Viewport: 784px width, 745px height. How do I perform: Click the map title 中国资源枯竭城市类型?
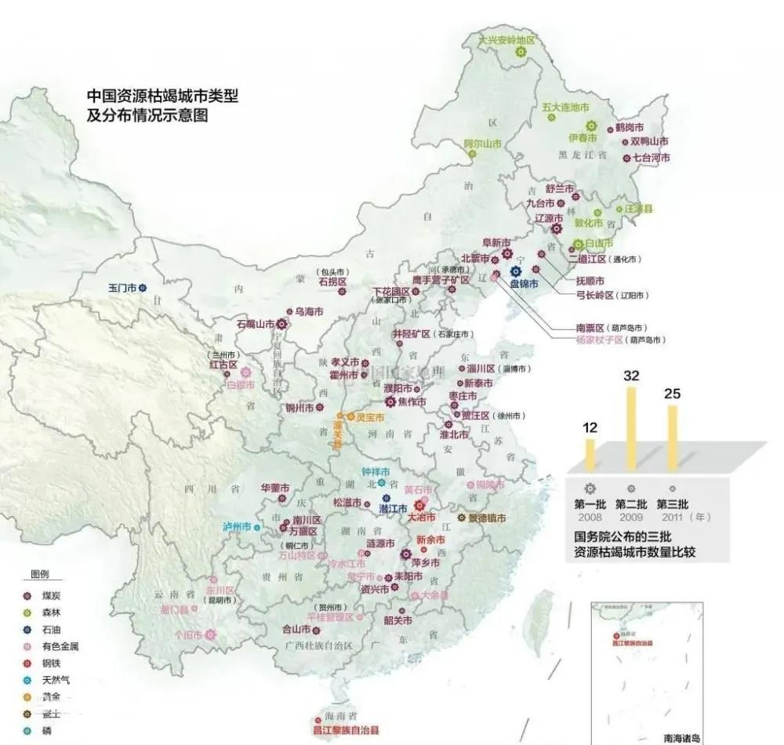click(x=162, y=96)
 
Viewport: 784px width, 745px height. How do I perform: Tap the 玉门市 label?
click(x=122, y=288)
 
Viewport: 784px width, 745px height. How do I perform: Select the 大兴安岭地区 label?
click(x=506, y=39)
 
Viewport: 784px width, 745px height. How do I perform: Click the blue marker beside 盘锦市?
click(x=515, y=271)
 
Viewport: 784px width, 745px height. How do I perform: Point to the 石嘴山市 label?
click(x=255, y=323)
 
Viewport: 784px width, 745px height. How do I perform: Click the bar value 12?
click(x=590, y=428)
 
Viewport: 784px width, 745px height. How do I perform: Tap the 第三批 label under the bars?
click(x=671, y=503)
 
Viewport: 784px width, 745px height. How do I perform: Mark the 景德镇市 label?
click(x=487, y=518)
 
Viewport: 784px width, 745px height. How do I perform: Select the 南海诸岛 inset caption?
click(x=683, y=738)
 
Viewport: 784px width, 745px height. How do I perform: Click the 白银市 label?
click(x=240, y=385)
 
